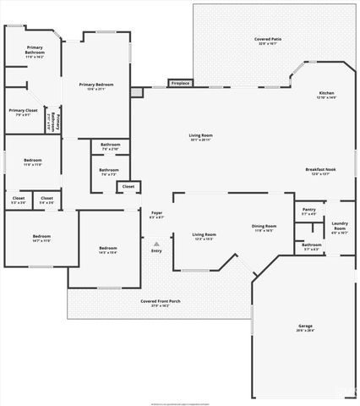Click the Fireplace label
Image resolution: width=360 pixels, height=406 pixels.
pos(181,84)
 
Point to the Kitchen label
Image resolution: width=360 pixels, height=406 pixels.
pos(326,93)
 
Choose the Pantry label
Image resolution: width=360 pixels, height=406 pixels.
pos(308,210)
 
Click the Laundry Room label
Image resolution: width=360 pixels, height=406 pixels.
pos(340,227)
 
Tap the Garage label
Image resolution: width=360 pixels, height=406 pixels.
pos(305,326)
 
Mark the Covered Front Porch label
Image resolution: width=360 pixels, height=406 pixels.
pos(161,301)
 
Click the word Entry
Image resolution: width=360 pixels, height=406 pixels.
pos(156,250)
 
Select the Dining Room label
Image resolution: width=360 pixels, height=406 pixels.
pos(265,226)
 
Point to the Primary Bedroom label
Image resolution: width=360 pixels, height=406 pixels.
pos(96,85)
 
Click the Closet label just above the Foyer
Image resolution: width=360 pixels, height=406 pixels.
pos(128,186)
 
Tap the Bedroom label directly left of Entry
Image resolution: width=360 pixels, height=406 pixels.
pos(107,248)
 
